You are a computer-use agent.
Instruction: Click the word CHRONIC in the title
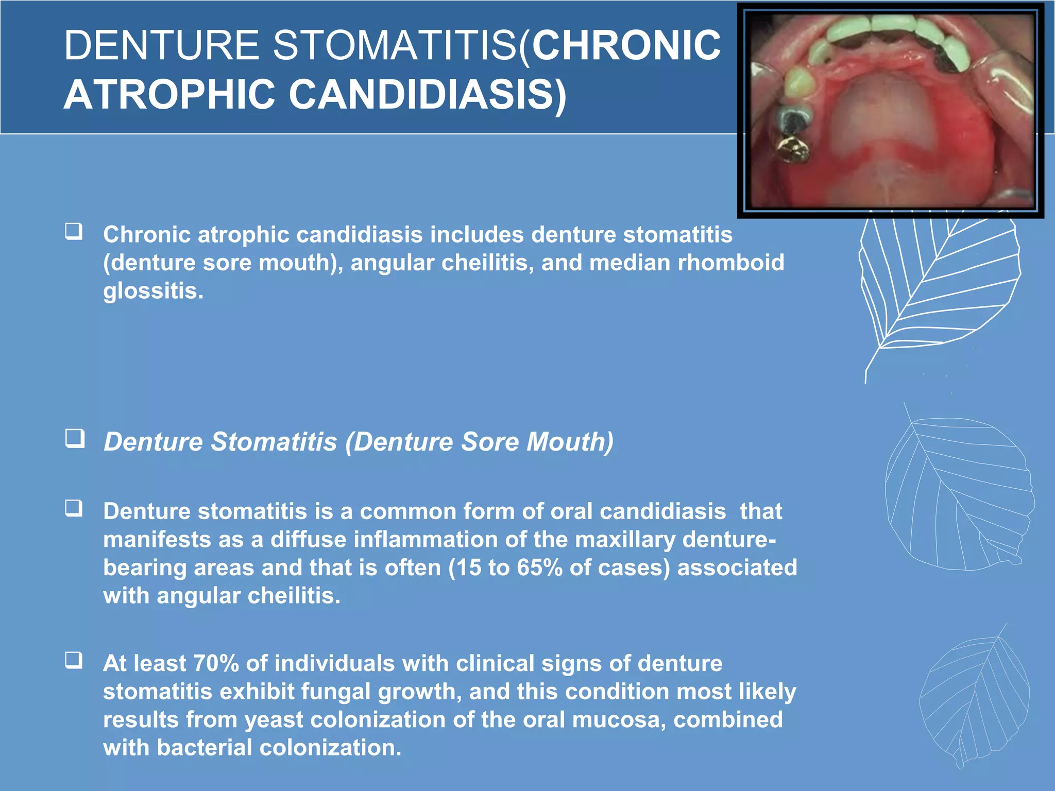point(626,45)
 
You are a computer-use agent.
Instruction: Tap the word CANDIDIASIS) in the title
point(427,95)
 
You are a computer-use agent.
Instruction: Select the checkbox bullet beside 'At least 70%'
point(74,660)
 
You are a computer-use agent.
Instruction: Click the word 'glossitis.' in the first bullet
point(153,291)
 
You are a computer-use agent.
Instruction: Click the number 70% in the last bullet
point(216,663)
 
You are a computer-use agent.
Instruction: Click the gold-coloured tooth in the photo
point(793,149)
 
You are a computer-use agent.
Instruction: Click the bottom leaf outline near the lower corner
point(974,700)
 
